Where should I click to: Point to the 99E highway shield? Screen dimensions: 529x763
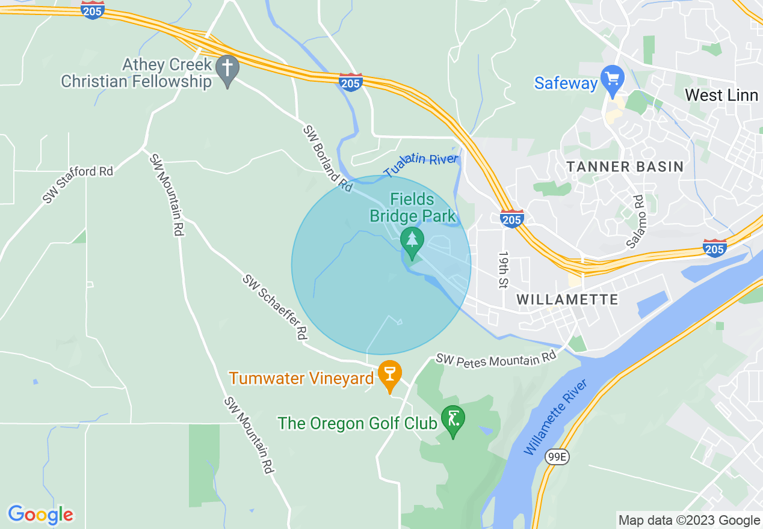tap(557, 457)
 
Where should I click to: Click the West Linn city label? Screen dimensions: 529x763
tap(720, 95)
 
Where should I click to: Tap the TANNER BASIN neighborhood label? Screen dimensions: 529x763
tap(625, 167)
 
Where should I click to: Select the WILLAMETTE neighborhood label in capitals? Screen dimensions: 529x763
tap(567, 299)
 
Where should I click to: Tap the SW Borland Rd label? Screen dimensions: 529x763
tap(327, 158)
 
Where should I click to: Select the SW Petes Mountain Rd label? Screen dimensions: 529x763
tap(496, 359)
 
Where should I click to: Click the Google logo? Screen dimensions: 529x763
tap(40, 515)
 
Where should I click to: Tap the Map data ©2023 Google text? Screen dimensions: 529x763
tap(689, 521)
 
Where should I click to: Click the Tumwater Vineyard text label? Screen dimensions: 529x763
tap(301, 378)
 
